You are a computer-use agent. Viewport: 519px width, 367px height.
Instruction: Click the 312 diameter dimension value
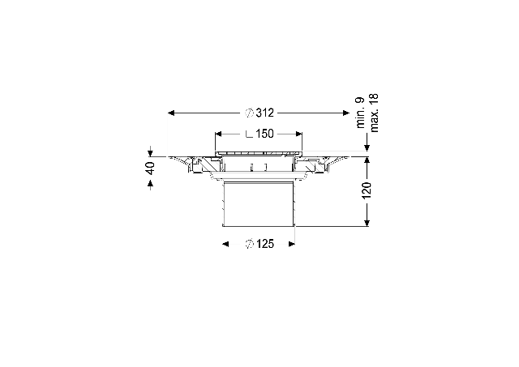click(x=265, y=113)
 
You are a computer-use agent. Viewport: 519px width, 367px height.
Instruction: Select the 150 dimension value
click(x=264, y=134)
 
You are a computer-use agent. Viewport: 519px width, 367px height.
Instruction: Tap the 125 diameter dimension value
click(x=265, y=244)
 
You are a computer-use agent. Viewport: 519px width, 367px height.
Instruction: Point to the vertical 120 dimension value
click(x=367, y=190)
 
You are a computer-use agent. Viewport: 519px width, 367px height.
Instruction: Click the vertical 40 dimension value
click(x=150, y=169)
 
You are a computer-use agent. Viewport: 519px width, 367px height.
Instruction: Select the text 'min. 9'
click(x=360, y=113)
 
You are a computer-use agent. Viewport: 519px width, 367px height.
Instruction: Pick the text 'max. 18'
click(x=374, y=113)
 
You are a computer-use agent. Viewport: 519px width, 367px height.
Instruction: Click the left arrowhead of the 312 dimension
click(x=171, y=113)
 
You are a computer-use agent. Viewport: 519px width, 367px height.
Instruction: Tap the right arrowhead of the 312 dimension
click(x=346, y=113)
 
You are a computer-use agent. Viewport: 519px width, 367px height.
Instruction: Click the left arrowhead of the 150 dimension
click(x=218, y=134)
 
